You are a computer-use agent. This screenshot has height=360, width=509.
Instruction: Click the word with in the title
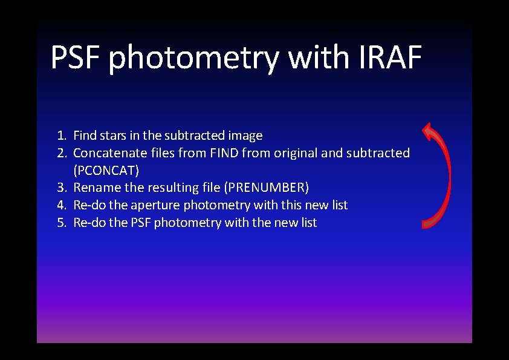point(318,57)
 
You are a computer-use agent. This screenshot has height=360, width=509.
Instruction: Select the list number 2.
point(62,153)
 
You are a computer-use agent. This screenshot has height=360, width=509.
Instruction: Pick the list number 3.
point(62,188)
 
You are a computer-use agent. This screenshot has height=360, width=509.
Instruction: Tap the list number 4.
point(62,205)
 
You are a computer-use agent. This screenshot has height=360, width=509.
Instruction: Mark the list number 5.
point(62,223)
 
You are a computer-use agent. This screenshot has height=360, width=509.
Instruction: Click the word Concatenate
point(109,153)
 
